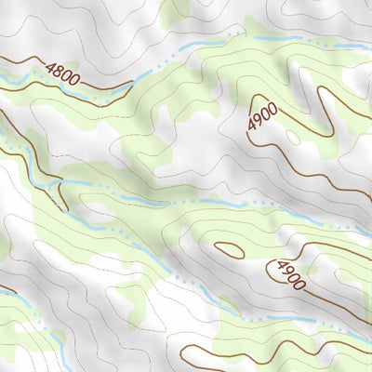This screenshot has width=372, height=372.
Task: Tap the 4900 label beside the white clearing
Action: click(x=263, y=117)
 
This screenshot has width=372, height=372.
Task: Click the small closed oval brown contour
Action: click(x=229, y=249)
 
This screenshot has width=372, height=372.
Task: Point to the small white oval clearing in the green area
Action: click(x=293, y=137)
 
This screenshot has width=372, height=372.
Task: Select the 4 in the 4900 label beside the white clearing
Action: click(x=252, y=127)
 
